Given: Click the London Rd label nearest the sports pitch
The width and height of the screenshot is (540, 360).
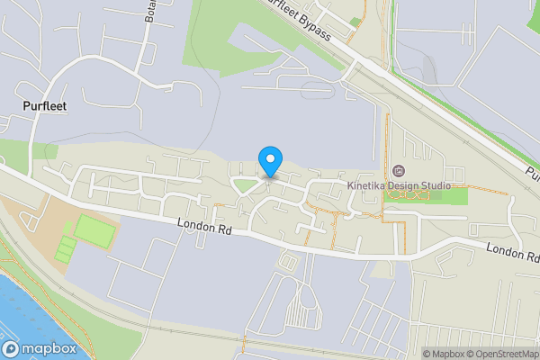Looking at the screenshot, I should coord(204,228).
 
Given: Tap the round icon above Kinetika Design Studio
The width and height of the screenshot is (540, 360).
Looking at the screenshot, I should coord(399,171).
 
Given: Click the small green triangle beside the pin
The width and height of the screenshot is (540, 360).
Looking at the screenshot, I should coord(243,186).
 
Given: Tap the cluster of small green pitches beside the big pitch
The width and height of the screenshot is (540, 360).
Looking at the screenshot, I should coord(63,248).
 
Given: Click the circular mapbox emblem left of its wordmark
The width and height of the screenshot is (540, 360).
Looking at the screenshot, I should coord(11,348).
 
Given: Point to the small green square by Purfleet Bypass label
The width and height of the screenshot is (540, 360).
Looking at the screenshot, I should coord(355,22).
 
